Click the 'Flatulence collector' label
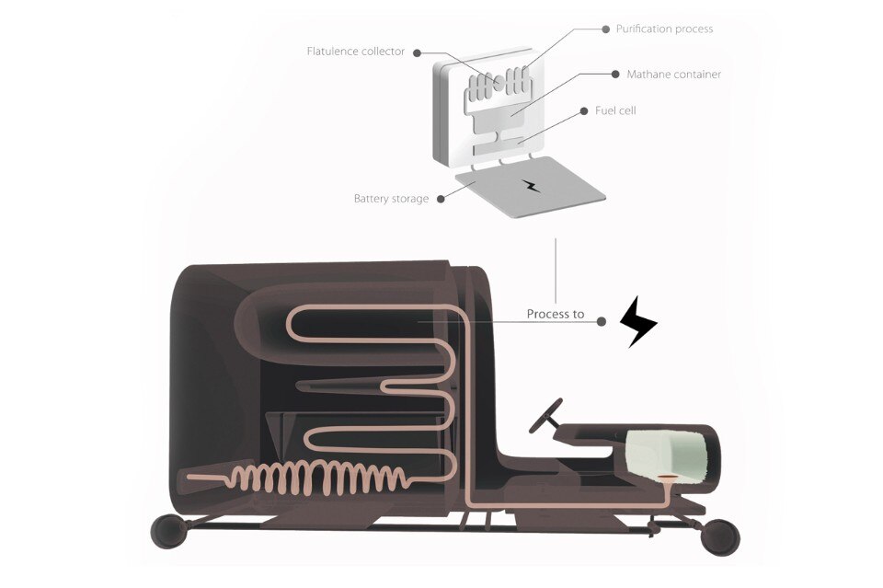point(356,52)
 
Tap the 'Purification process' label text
point(664,29)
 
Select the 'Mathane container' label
point(674,75)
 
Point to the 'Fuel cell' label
point(615,111)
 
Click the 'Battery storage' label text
point(392,199)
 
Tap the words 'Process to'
point(556,315)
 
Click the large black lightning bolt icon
point(638,321)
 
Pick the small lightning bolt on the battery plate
point(531,186)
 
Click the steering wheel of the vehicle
point(546,416)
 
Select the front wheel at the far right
point(720,537)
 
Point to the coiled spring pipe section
point(318,478)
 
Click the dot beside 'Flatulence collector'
point(418,53)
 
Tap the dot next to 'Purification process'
point(606,29)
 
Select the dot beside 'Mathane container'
point(615,75)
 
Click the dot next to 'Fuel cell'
point(584,111)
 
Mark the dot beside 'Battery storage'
point(441,199)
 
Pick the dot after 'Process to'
point(602,321)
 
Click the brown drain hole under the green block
point(668,477)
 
